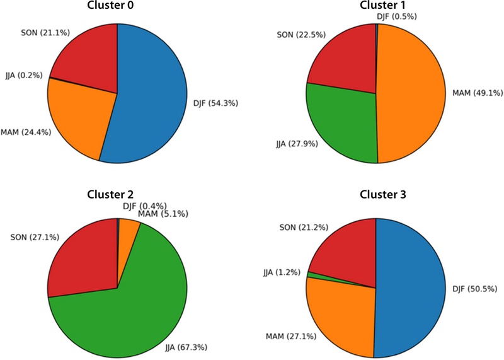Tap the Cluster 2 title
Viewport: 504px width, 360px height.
[x=117, y=194]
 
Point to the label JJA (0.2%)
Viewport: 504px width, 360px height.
[x=23, y=74]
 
